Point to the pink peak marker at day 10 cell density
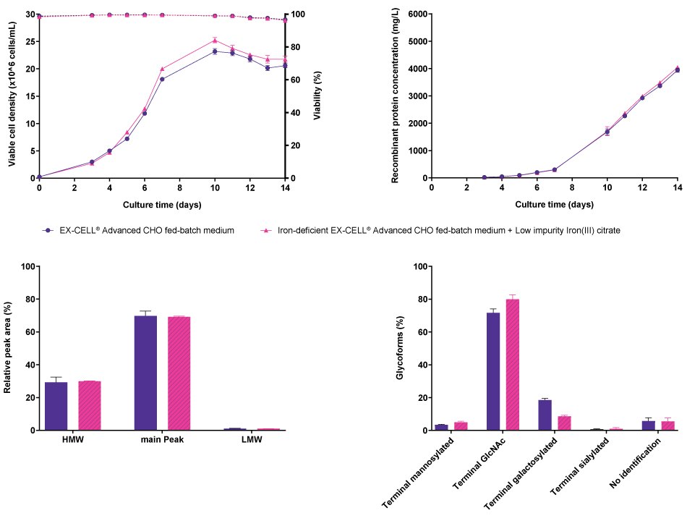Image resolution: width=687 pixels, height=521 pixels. coord(215,41)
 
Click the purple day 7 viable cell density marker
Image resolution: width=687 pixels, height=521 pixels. coord(162,79)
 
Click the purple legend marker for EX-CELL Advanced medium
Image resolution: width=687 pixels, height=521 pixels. coord(47,230)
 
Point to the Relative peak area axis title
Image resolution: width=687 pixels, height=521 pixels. coord(8,348)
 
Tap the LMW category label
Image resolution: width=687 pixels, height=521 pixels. coord(252,440)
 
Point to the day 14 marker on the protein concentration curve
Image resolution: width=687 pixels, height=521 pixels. coord(678,69)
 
